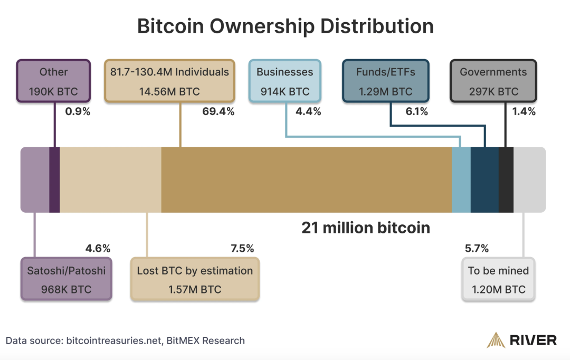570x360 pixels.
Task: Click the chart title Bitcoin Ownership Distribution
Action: click(285, 26)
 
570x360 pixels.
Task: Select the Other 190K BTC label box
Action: click(53, 81)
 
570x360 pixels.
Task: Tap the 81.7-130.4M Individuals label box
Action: click(169, 81)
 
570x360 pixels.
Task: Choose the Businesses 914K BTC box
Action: click(284, 81)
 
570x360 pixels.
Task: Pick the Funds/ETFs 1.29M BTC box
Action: click(385, 81)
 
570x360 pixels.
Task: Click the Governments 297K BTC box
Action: click(493, 81)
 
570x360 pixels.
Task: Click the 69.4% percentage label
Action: click(218, 111)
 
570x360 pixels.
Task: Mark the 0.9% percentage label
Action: click(78, 111)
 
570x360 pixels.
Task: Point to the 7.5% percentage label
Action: click(242, 248)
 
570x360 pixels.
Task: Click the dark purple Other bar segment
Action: click(54, 179)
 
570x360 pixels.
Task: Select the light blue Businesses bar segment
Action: click(461, 179)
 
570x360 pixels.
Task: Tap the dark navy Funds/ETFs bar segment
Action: click(484, 179)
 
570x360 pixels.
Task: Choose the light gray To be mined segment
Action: click(529, 179)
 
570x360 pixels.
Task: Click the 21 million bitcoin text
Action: click(366, 228)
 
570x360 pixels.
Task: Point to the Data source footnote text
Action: click(126, 340)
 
